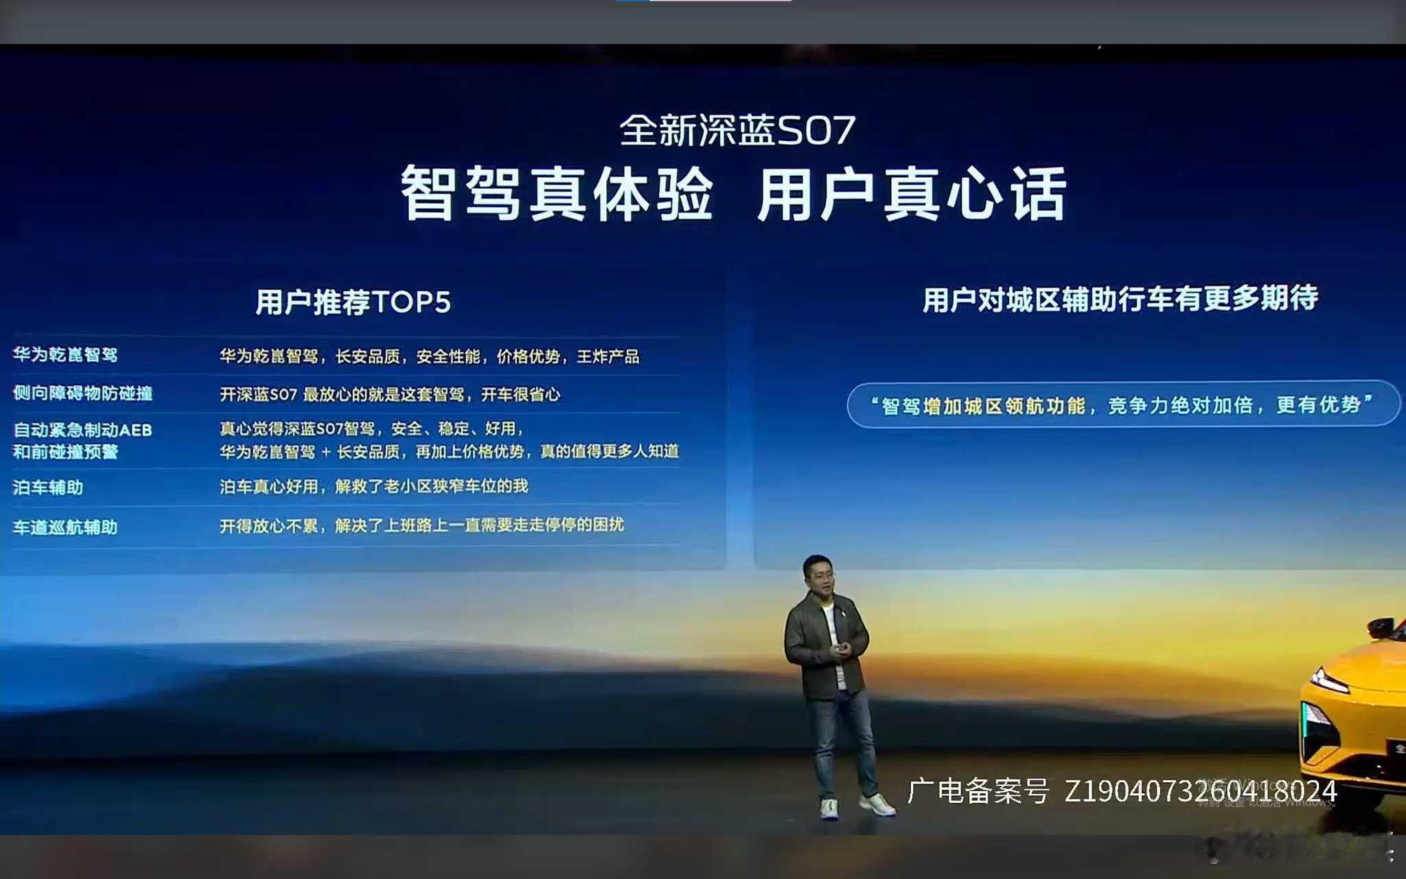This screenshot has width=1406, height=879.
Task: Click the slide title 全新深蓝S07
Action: [737, 130]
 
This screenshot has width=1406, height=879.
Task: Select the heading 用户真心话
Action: [912, 195]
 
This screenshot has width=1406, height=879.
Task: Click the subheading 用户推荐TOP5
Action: [353, 302]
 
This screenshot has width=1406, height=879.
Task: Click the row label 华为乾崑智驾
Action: [65, 354]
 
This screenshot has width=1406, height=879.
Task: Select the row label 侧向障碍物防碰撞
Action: [82, 393]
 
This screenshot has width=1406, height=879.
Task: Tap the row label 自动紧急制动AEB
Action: [82, 431]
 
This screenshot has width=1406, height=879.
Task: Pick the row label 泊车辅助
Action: [48, 488]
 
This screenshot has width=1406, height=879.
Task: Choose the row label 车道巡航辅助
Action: [65, 527]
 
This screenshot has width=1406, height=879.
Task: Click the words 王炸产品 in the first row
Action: [608, 356]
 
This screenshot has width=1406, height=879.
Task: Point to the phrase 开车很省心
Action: [520, 394]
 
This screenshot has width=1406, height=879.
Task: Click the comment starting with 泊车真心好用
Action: [373, 486]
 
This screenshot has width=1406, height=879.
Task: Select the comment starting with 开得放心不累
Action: [422, 525]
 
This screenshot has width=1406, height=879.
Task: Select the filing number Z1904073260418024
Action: [1200, 791]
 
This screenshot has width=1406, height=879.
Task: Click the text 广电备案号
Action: [978, 791]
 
